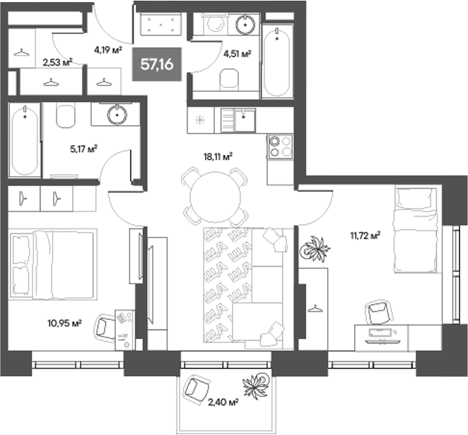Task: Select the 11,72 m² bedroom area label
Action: (366, 236)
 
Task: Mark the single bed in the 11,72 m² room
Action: (416, 230)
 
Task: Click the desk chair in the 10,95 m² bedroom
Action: (106, 326)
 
